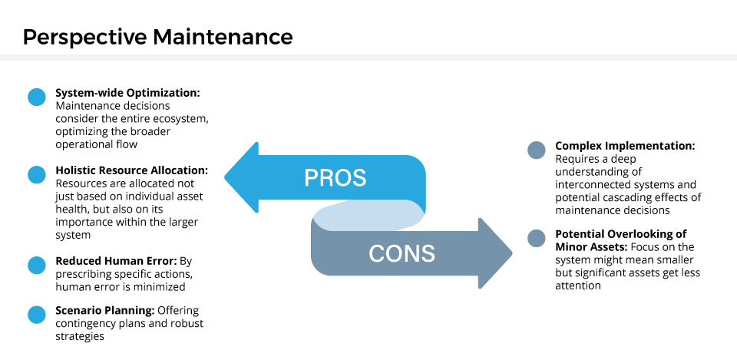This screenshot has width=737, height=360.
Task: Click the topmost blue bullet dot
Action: tap(37, 97)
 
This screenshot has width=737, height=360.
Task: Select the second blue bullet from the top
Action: tap(37, 174)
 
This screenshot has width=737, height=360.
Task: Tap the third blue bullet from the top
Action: tap(37, 265)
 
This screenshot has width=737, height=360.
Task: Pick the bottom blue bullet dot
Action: tap(37, 315)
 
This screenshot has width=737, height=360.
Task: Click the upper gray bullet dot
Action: tap(537, 150)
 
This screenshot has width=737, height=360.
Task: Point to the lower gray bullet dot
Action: tap(537, 238)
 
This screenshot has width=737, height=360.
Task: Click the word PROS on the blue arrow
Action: tap(335, 178)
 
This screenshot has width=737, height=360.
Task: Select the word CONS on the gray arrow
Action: tap(402, 254)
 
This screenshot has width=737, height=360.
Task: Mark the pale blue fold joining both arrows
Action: tap(367, 215)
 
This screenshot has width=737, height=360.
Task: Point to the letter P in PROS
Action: tap(311, 178)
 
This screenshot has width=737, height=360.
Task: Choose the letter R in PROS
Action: tap(326, 178)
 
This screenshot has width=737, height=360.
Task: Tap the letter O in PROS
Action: tap(342, 178)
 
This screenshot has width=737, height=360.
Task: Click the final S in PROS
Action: tap(359, 178)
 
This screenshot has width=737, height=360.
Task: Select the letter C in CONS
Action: tap(376, 254)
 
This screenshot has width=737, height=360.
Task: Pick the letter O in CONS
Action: tap(394, 254)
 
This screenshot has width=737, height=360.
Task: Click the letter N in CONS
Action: tap(411, 254)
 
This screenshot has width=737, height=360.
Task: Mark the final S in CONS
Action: tap(428, 254)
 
